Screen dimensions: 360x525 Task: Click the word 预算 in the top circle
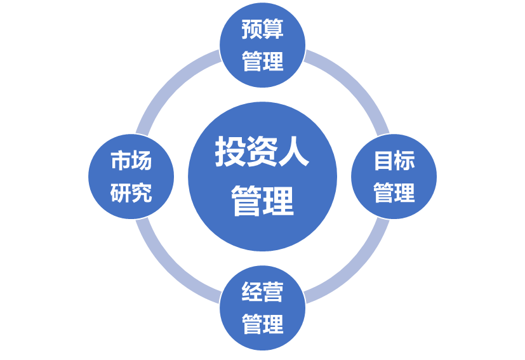point(262,30)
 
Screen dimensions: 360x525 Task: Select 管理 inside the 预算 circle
point(262,62)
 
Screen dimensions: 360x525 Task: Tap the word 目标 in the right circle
point(394,161)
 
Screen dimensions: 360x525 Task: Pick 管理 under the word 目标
point(394,193)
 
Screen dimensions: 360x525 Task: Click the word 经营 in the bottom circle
point(262,293)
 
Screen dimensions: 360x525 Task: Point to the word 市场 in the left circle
point(131,161)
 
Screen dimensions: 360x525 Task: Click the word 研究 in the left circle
point(131,193)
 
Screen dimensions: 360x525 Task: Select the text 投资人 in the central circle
point(262,152)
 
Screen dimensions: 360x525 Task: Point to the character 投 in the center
point(230,152)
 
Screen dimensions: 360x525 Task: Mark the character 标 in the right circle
point(404,161)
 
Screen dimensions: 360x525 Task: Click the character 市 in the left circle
point(121,161)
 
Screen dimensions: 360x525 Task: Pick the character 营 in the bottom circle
point(273,293)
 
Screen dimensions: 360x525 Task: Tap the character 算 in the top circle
point(273,30)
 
